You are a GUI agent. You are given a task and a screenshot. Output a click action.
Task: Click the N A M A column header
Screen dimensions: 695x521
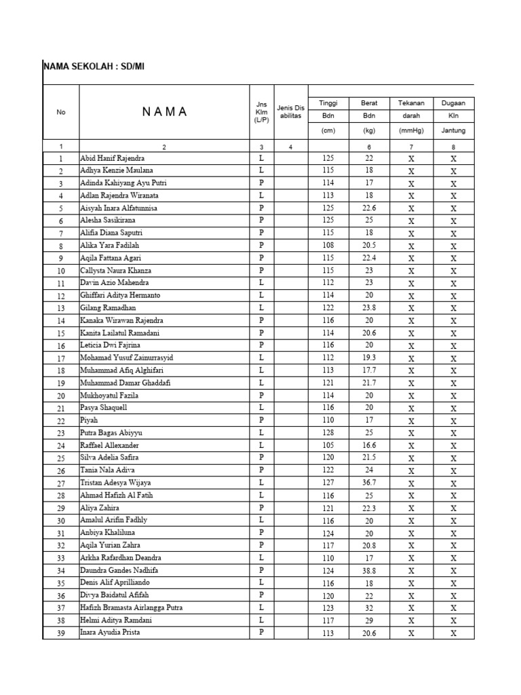click(165, 112)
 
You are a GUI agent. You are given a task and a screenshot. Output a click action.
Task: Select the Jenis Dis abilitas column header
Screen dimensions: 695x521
click(290, 111)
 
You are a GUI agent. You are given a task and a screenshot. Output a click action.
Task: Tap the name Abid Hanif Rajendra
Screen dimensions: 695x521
click(112, 158)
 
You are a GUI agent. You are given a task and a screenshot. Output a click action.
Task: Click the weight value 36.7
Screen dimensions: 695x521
click(369, 483)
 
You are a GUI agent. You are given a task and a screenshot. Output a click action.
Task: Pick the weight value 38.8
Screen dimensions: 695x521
click(369, 570)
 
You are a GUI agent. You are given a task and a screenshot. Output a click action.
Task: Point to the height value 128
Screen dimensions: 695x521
click(328, 432)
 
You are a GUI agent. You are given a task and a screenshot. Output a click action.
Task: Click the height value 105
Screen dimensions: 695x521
click(328, 445)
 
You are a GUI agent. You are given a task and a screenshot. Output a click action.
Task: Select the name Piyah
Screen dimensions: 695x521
click(90, 420)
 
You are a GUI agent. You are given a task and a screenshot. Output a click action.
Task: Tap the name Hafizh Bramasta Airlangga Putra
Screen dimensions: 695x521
click(131, 607)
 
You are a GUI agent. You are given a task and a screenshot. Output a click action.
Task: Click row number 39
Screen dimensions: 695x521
click(61, 633)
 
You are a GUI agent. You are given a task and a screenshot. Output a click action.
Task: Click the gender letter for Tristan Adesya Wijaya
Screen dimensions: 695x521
click(260, 483)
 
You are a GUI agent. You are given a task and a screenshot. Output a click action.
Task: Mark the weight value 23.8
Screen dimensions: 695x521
click(369, 307)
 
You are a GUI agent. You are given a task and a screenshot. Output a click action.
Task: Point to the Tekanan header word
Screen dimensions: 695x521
click(411, 103)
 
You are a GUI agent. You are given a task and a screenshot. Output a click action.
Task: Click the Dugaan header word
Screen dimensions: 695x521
click(453, 103)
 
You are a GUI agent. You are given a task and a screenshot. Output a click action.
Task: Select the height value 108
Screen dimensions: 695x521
click(328, 245)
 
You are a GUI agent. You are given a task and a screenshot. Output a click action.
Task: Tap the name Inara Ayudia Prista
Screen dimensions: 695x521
click(109, 633)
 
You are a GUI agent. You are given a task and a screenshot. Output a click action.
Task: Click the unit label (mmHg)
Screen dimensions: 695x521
click(411, 130)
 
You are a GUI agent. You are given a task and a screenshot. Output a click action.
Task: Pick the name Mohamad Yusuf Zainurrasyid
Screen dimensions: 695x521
click(126, 358)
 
